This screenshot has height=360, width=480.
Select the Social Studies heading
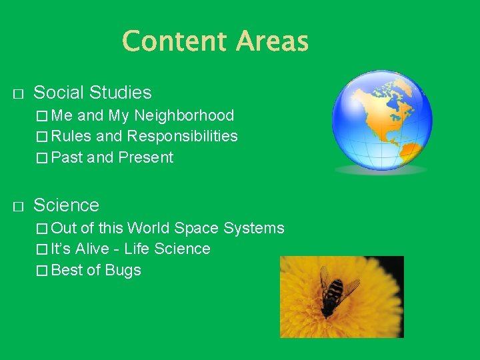click(92, 93)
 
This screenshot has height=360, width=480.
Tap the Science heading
click(66, 205)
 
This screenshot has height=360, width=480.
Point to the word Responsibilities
click(183, 137)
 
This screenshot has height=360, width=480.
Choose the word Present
click(145, 158)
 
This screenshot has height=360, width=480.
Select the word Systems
click(254, 228)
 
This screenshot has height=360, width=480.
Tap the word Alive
click(93, 249)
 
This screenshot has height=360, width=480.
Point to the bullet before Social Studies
click(18, 93)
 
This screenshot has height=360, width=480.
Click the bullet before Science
click(18, 205)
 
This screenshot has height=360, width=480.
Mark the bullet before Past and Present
click(43, 158)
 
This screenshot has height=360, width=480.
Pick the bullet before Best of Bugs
click(43, 271)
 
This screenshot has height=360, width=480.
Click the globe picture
click(382, 120)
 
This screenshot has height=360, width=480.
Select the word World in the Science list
click(149, 228)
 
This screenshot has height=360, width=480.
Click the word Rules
click(71, 137)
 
